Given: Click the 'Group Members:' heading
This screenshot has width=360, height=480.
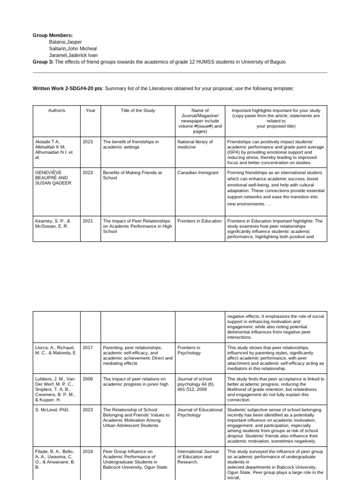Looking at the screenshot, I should [x=52, y=35].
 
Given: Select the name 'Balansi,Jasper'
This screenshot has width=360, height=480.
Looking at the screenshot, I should [x=65, y=42].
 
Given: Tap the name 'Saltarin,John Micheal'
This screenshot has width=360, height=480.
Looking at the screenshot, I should [x=73, y=48].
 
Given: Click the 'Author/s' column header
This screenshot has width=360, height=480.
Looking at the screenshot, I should [x=56, y=111].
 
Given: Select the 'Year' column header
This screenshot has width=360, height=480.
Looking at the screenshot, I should [x=90, y=111].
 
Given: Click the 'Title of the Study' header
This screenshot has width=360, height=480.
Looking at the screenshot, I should [x=138, y=111].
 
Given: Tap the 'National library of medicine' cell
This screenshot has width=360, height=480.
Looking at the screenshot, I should [x=195, y=144].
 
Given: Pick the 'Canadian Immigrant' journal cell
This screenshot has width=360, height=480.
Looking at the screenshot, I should [x=198, y=172].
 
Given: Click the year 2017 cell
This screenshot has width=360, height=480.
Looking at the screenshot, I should [x=88, y=347].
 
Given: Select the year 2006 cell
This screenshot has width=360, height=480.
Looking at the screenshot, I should [x=88, y=379].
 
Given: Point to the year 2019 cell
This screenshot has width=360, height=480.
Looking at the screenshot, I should [x=88, y=452].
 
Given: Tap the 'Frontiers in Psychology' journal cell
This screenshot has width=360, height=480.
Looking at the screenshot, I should [x=189, y=350].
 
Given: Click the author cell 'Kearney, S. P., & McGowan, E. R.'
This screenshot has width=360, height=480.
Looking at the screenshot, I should [x=52, y=224].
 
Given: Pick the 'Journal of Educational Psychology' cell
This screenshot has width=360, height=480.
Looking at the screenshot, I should [x=200, y=412].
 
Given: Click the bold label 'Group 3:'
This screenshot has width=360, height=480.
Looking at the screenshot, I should [x=43, y=62].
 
